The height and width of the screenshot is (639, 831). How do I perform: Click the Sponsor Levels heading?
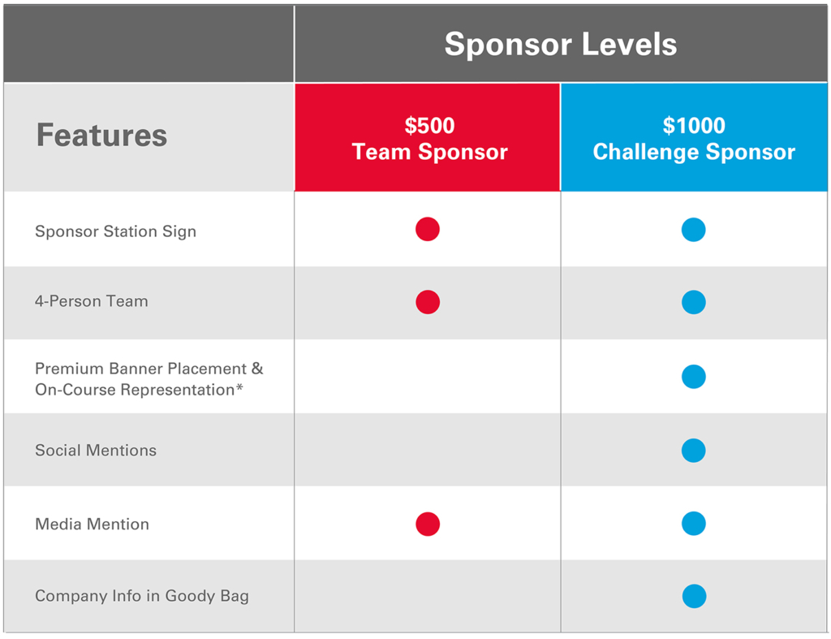(561, 44)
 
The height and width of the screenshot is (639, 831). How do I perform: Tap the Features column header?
(101, 135)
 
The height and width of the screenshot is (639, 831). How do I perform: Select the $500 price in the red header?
(429, 126)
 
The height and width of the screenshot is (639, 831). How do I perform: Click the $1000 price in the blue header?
(694, 126)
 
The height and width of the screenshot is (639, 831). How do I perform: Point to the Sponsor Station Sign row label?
(115, 231)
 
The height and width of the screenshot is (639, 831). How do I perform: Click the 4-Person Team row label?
(92, 301)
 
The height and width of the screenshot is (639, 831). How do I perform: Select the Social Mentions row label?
(96, 450)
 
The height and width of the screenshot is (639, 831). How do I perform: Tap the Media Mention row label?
(93, 524)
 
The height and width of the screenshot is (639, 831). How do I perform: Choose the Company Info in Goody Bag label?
(142, 596)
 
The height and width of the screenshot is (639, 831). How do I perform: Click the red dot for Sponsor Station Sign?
(428, 229)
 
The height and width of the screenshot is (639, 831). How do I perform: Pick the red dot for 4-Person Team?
(428, 302)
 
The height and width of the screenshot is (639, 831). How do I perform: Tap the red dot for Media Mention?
(428, 524)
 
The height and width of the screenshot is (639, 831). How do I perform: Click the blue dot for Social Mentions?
(694, 451)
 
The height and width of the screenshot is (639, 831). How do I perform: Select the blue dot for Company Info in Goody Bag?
(695, 596)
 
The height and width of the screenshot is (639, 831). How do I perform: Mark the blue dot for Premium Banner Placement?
(694, 377)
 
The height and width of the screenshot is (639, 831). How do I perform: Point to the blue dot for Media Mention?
(694, 524)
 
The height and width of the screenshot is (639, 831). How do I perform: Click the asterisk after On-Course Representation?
(239, 387)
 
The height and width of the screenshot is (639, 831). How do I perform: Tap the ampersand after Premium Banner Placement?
(257, 369)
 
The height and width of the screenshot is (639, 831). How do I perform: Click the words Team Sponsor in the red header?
(430, 152)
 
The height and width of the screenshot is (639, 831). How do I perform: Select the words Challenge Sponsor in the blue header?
(694, 152)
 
